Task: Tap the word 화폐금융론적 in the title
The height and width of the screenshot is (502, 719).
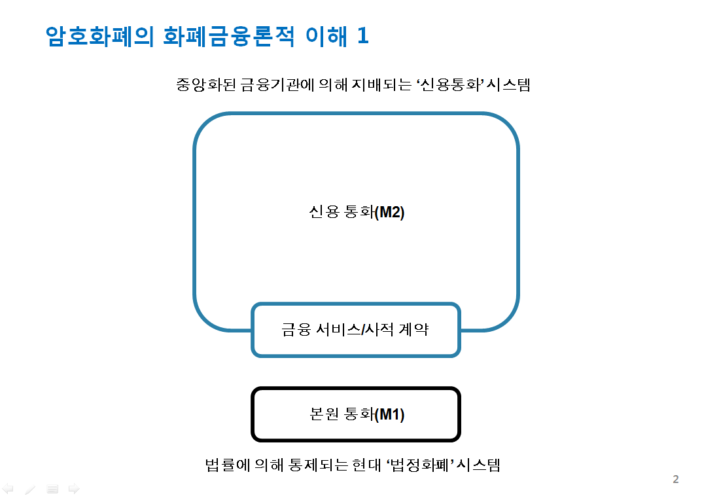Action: point(229,36)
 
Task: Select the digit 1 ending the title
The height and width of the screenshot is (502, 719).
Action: point(363,35)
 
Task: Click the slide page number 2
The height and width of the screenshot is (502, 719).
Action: point(675,479)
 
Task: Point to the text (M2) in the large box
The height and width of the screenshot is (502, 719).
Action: point(390,212)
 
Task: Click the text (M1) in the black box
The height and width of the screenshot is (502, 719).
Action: point(390,414)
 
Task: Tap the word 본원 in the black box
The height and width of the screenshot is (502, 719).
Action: point(324,414)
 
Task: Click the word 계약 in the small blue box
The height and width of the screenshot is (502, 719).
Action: point(413,329)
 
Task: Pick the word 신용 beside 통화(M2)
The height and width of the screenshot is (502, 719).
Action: point(324,211)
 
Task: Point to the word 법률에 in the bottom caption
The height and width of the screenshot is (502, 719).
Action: point(228,465)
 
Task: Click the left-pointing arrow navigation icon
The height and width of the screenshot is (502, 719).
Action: point(8,489)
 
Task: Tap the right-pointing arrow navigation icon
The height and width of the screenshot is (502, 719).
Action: point(74,489)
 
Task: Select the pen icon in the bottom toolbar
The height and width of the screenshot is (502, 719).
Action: point(30,490)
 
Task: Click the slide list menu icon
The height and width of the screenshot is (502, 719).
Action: point(52,489)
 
